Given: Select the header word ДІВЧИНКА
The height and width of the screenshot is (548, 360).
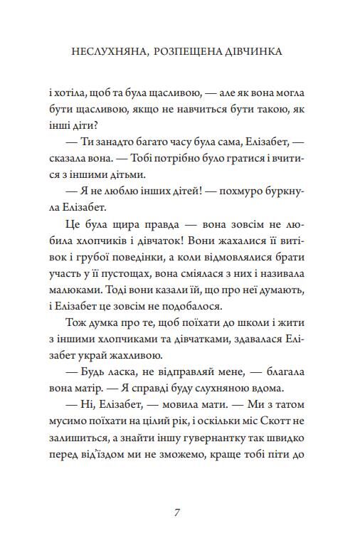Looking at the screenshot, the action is (x=260, y=52).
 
